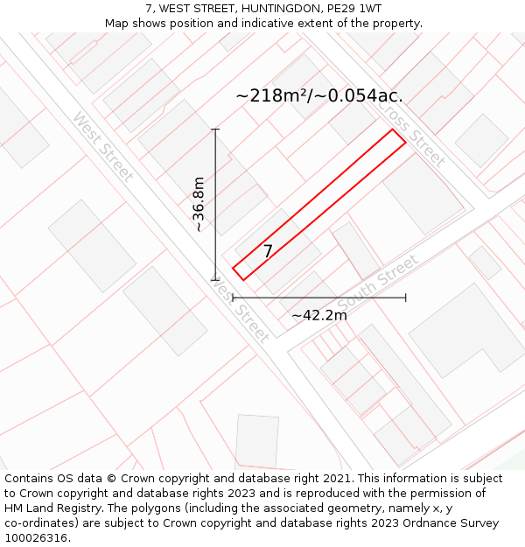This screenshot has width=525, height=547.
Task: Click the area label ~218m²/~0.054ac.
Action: click(x=319, y=96)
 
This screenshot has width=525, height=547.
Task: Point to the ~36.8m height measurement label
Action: click(x=199, y=204)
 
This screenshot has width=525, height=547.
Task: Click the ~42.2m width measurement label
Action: click(x=319, y=315)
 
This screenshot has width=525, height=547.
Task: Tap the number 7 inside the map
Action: click(x=268, y=251)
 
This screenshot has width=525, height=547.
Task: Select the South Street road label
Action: click(x=378, y=282)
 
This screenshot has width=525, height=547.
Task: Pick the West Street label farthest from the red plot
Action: click(x=103, y=146)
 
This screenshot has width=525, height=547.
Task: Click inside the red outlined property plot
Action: click(x=319, y=205)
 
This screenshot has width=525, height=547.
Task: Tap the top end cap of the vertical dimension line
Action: click(x=215, y=130)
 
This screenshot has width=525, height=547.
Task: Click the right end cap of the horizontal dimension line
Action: click(x=406, y=298)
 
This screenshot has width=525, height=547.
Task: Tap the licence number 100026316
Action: click(x=37, y=538)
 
